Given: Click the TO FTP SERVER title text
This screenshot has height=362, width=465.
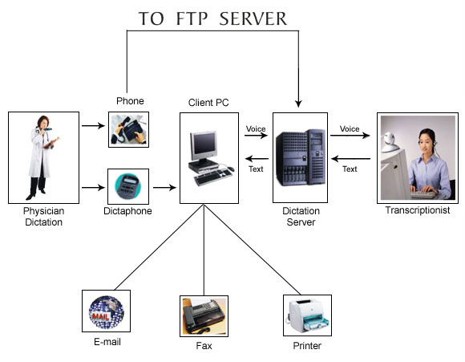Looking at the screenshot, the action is (212, 18).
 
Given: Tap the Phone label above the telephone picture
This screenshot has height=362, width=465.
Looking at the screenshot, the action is (130, 101).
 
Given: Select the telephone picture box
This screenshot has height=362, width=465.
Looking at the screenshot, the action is (128, 129).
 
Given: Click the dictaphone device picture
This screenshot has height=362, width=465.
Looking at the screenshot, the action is (127, 186).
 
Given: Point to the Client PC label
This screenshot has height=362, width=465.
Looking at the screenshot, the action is (208, 103).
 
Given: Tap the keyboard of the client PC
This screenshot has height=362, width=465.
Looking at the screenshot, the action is (213, 177).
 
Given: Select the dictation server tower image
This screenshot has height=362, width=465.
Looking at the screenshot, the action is (300, 157).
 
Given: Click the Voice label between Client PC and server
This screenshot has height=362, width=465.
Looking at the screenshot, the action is (256, 129).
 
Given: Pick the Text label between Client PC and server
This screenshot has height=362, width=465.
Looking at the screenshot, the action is (256, 169).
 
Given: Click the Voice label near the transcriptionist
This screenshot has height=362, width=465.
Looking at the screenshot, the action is (350, 129).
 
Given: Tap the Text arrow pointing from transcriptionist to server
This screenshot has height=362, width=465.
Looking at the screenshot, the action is (350, 159).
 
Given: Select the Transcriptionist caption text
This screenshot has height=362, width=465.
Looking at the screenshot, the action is (418, 210).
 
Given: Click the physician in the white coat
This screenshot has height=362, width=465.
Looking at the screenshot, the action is (42, 157).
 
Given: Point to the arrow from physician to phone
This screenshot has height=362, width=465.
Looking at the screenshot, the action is (93, 126).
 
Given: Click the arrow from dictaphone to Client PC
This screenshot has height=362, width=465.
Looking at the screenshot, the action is (164, 187).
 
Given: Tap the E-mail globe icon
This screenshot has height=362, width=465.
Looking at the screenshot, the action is (107, 311).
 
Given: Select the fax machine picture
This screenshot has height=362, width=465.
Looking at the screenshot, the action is (204, 316).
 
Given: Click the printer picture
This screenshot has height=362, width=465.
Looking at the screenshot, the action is (307, 315).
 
